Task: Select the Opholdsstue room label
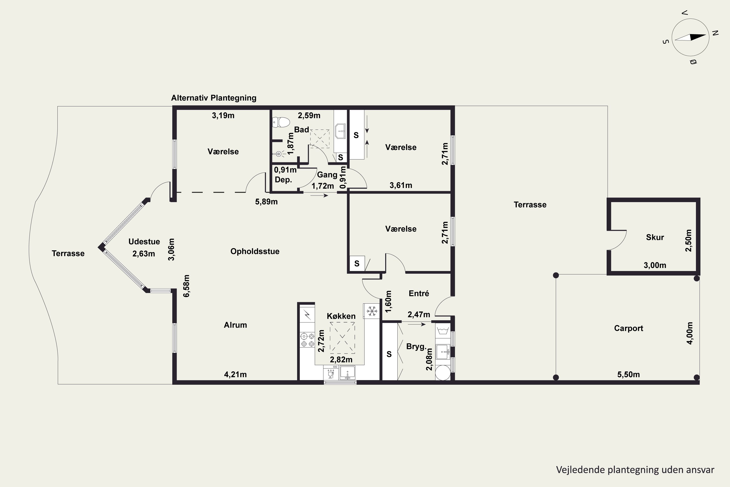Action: tap(255, 251)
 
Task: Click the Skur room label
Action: tap(655, 237)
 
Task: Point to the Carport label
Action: tap(629, 328)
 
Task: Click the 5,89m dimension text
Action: tap(266, 202)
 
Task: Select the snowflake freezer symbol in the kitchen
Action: tap(372, 311)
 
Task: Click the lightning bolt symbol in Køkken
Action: tap(308, 315)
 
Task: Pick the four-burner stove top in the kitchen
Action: tap(307, 340)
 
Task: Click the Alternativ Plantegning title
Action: tap(214, 98)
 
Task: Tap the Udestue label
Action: tap(144, 242)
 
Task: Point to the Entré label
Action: tap(419, 293)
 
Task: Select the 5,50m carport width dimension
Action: tap(629, 375)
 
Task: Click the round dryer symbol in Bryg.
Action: tap(443, 372)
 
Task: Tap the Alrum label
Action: tap(235, 325)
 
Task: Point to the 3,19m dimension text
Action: tap(223, 115)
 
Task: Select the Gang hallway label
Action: tap(327, 175)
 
